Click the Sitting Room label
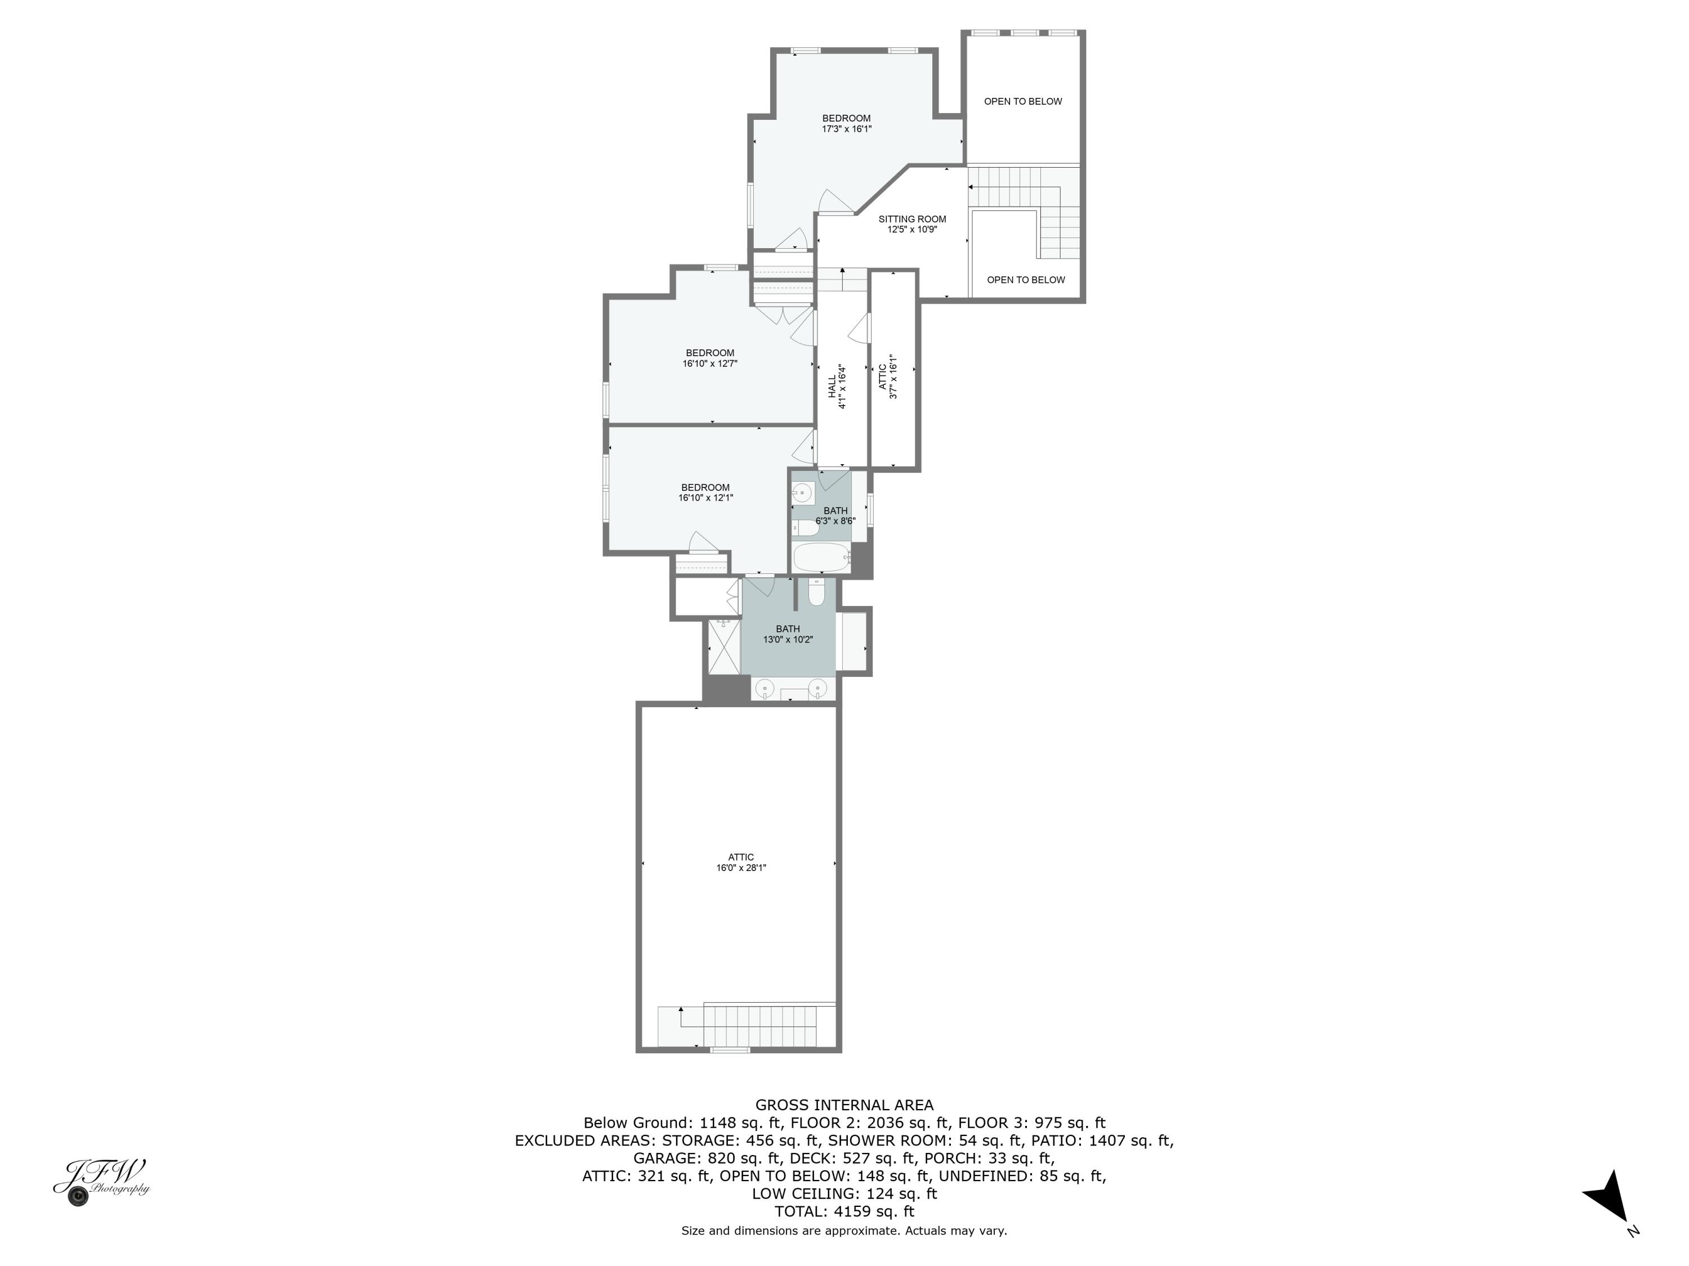(911, 219)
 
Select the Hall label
(832, 386)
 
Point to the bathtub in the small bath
(821, 558)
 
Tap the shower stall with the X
(723, 647)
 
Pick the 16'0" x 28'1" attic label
(741, 863)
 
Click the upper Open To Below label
(1022, 101)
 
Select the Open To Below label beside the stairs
(1025, 280)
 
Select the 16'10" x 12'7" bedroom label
(709, 358)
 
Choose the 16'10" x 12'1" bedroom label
(705, 493)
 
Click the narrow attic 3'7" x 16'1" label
(887, 377)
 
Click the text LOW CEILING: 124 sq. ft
(844, 1193)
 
